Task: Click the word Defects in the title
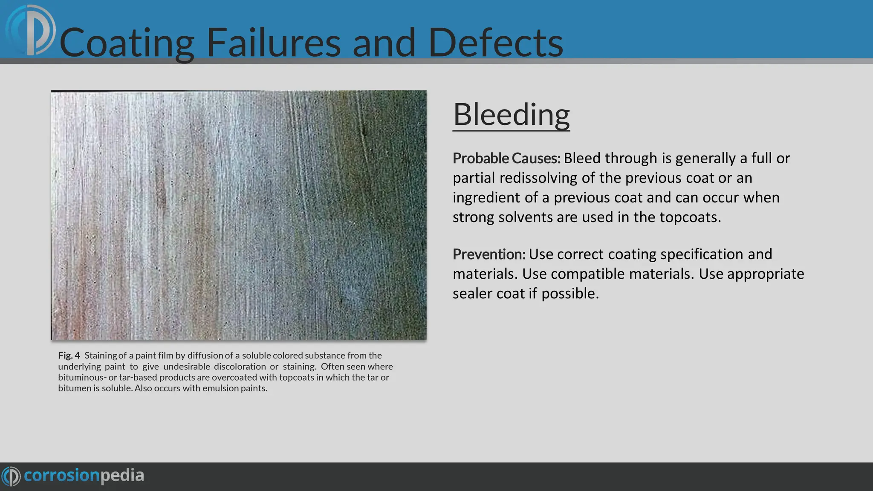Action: pos(495,43)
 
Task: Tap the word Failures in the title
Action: pos(273,43)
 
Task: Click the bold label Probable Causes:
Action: pos(506,158)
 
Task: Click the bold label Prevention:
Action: pos(489,254)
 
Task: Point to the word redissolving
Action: pos(538,178)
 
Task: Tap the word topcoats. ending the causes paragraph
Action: pos(690,217)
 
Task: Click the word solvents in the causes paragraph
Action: pos(525,217)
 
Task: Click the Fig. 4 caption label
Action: pos(69,355)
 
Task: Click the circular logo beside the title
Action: pos(31,31)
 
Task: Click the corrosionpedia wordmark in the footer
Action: pos(84,476)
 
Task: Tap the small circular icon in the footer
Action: pos(11,476)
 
